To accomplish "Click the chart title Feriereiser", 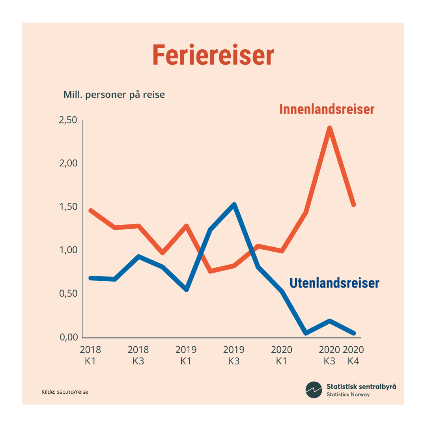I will pos(213,56).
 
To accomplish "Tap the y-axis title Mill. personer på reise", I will pos(114,95).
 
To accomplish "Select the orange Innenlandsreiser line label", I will pos(327,109).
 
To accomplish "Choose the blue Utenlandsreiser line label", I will pos(334,283).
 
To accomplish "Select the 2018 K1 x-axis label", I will pos(90,355).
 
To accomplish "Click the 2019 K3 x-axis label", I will pos(234,355).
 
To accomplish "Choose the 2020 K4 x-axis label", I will pos(353,355).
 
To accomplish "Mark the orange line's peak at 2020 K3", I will pos(329,128).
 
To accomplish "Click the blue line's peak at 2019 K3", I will pos(234,205).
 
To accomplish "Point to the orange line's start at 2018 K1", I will pos(91,211).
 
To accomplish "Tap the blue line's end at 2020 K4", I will pos(353,333).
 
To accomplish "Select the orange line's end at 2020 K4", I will pos(353,204).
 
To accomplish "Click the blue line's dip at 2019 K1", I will pos(187,290).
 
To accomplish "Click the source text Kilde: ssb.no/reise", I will pos(65,392).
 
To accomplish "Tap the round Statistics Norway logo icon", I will pos(314,390).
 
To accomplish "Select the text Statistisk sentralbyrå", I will pos(361,386).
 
